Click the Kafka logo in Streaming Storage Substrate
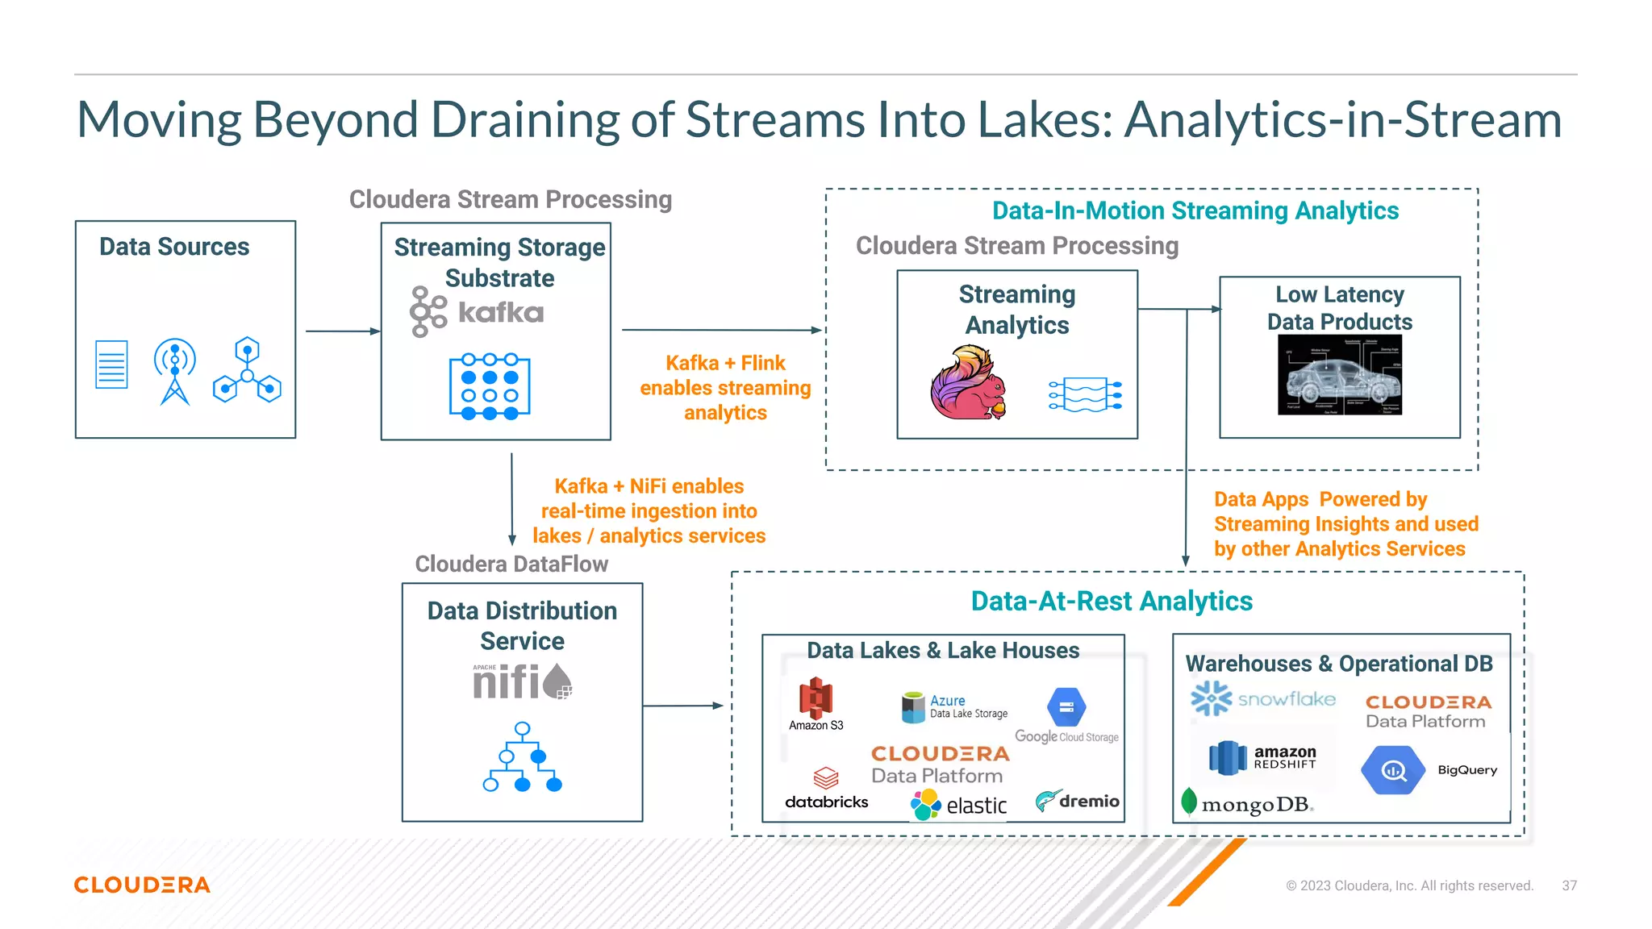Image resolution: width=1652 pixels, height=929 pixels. click(476, 312)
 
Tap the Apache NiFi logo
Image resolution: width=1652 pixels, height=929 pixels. click(522, 681)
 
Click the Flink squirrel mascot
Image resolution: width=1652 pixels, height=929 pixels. click(968, 384)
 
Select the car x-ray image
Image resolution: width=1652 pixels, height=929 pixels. click(1339, 375)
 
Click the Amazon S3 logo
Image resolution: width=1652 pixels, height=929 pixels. click(816, 704)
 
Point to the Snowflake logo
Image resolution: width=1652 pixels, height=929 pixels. click(1263, 698)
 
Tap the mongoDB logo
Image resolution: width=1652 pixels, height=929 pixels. click(1247, 803)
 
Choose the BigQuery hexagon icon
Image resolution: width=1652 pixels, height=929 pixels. click(1392, 770)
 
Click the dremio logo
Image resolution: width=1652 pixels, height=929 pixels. click(1077, 801)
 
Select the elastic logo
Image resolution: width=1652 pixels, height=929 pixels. click(959, 804)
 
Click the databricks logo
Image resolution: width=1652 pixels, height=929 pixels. click(826, 789)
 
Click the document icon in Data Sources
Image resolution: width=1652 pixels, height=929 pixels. click(111, 365)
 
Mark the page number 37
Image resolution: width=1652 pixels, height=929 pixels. click(1569, 885)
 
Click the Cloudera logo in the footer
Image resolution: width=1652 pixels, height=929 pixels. click(142, 885)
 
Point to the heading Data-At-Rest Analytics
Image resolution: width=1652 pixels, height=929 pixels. click(1111, 601)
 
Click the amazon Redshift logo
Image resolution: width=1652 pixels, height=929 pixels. click(1262, 757)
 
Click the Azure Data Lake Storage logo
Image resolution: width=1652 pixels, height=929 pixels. click(955, 706)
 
